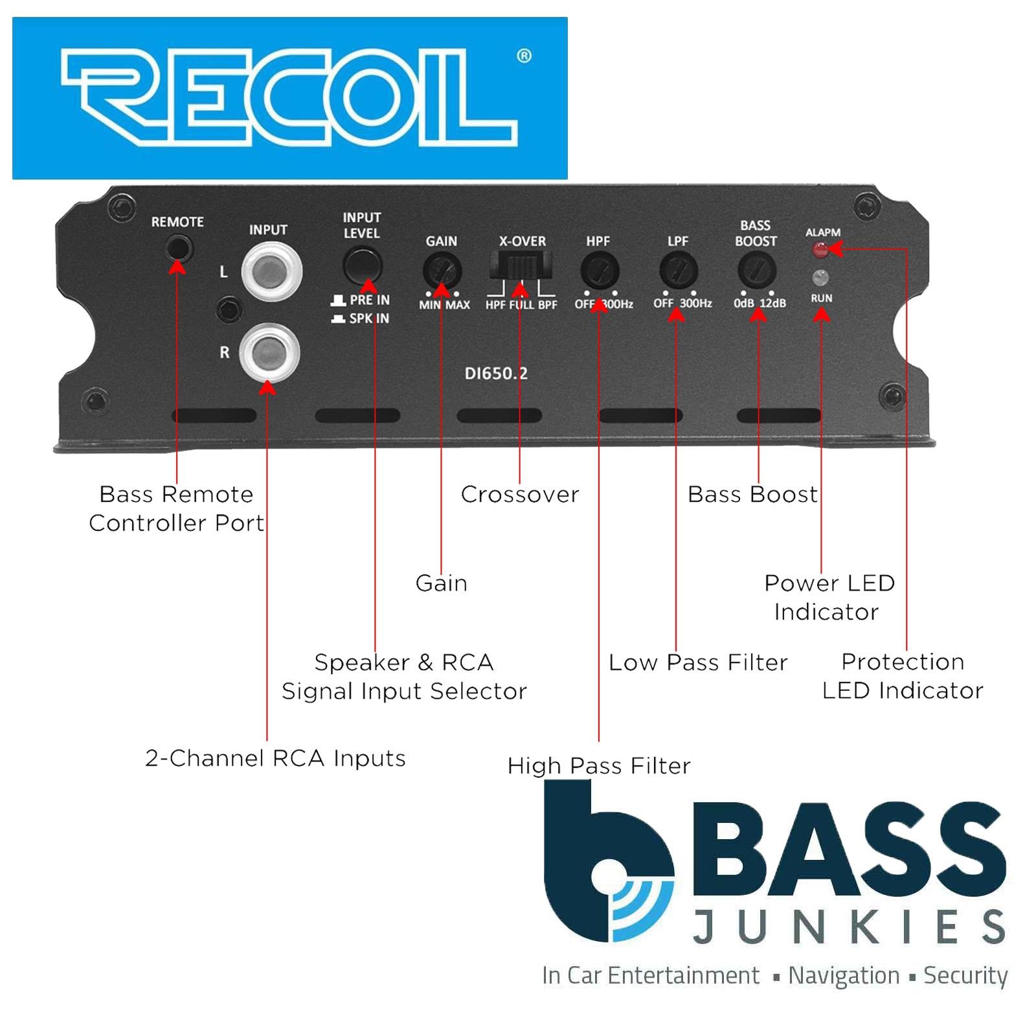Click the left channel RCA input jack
tap(271, 271)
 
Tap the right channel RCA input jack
tap(269, 353)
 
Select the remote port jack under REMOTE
tap(178, 248)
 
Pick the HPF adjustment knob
tap(599, 270)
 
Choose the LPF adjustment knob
tap(678, 270)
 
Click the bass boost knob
tap(756, 270)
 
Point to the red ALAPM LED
tap(820, 249)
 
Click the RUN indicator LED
tap(820, 278)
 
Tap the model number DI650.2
tap(496, 374)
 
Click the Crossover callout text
tap(520, 495)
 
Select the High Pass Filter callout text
tap(599, 766)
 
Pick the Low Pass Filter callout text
tap(698, 662)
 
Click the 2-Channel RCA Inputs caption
tap(275, 758)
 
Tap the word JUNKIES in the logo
tap(849, 927)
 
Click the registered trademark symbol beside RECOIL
tap(524, 56)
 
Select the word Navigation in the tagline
tap(844, 975)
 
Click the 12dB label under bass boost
tap(772, 304)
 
